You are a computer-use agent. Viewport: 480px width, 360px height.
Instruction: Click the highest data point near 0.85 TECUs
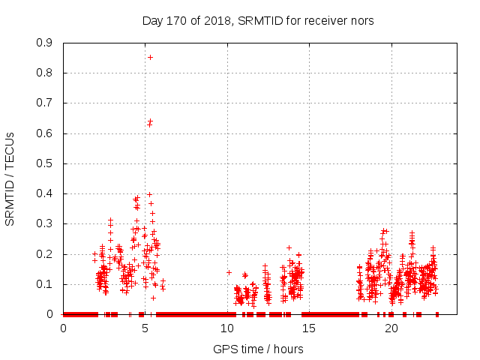pos(150,57)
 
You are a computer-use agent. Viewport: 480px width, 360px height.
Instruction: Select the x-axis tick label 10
pos(227,328)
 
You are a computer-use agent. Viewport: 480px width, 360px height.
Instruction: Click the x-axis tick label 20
pos(391,328)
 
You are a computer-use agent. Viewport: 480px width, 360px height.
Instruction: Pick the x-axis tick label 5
pos(145,328)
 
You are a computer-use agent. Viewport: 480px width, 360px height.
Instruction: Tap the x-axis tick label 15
pos(309,328)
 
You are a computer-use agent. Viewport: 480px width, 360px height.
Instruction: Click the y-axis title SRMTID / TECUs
pos(10,178)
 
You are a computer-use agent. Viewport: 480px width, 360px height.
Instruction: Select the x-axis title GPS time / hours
pos(258,349)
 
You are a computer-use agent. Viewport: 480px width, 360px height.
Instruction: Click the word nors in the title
pos(361,20)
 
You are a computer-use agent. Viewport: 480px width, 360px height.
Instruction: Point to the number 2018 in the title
pos(216,20)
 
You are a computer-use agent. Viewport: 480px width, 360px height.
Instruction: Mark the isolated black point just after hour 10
pos(229,272)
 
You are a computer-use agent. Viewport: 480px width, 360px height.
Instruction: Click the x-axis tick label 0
pos(64,328)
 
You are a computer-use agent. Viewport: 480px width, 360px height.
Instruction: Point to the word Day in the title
pos(152,20)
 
